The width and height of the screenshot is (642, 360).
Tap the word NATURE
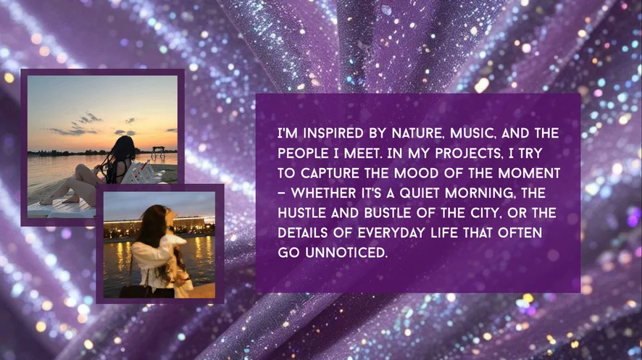(418, 133)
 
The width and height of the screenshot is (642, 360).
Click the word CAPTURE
(330, 173)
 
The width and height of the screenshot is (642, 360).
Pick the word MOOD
(414, 173)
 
